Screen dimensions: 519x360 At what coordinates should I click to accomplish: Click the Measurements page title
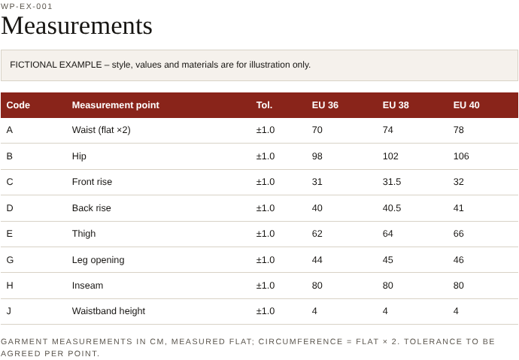[x=77, y=26]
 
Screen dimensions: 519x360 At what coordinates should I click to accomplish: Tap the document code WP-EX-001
[x=26, y=6]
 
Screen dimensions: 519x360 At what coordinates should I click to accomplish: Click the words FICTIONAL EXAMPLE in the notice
[x=56, y=65]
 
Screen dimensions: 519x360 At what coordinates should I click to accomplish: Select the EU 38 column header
[x=396, y=105]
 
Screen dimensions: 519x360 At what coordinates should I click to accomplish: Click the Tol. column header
[x=264, y=105]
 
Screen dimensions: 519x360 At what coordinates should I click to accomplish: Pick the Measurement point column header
[x=116, y=105]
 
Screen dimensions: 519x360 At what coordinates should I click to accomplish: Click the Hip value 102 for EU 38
[x=390, y=156]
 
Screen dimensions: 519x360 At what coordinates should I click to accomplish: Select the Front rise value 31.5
[x=392, y=182]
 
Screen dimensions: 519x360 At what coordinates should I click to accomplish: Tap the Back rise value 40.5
[x=392, y=208]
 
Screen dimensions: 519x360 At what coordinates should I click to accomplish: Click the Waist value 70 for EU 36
[x=317, y=130]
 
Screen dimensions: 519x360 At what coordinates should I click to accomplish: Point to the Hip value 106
[x=461, y=156]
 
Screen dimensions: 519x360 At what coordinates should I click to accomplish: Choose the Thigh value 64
[x=387, y=234]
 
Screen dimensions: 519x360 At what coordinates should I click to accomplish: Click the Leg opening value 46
[x=458, y=260]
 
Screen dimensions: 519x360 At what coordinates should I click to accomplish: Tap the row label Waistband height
[x=108, y=311]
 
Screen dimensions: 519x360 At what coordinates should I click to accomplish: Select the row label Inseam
[x=87, y=286]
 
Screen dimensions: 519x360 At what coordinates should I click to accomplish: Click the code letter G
[x=10, y=260]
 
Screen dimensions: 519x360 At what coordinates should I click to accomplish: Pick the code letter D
[x=10, y=208]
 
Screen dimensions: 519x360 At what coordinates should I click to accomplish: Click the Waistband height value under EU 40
[x=456, y=311]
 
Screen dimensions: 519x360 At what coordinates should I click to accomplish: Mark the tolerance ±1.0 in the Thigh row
[x=265, y=234]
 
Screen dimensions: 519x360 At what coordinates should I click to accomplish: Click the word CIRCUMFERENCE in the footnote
[x=300, y=341]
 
